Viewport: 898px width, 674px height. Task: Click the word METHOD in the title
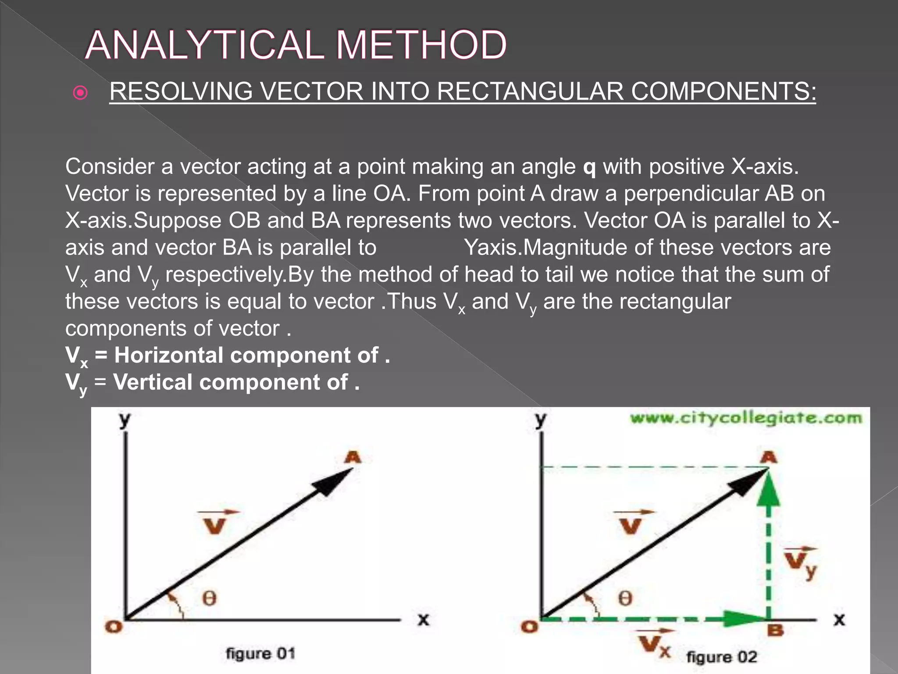click(x=421, y=45)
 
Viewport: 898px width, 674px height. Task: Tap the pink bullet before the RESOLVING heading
click(x=81, y=93)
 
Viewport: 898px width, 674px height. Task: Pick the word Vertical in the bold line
click(x=153, y=382)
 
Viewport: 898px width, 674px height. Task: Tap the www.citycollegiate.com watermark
click(x=746, y=418)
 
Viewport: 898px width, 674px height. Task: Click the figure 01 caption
click(x=260, y=653)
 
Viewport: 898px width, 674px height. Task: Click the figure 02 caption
click(x=722, y=657)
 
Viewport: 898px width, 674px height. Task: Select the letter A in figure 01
click(x=353, y=457)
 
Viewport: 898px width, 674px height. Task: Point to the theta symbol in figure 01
click(x=209, y=598)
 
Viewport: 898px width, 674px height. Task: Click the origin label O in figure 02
click(x=529, y=627)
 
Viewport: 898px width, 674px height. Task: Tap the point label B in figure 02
click(x=775, y=631)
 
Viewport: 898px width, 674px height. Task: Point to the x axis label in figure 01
click(x=423, y=620)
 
